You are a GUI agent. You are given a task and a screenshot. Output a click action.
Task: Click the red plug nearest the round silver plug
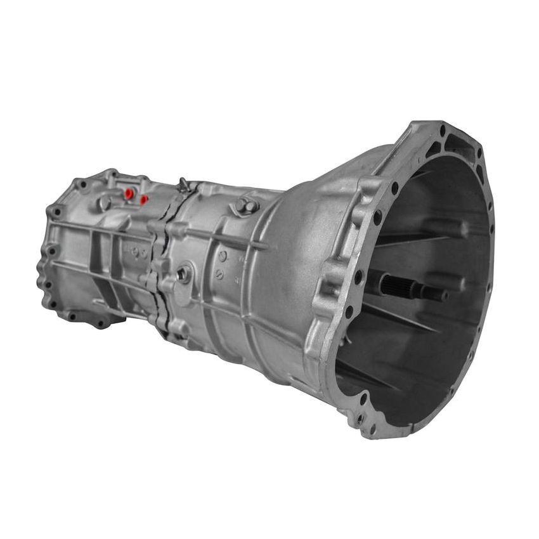[x=129, y=193]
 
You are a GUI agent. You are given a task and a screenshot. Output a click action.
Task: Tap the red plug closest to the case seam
[x=144, y=200]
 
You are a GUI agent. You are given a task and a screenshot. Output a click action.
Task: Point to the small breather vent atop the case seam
[x=184, y=185]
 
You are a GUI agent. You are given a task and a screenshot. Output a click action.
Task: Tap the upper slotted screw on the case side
[x=223, y=256]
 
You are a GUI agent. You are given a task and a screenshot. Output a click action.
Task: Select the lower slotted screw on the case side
[x=219, y=274]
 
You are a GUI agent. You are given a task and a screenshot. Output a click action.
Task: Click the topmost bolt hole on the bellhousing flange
[x=442, y=131]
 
